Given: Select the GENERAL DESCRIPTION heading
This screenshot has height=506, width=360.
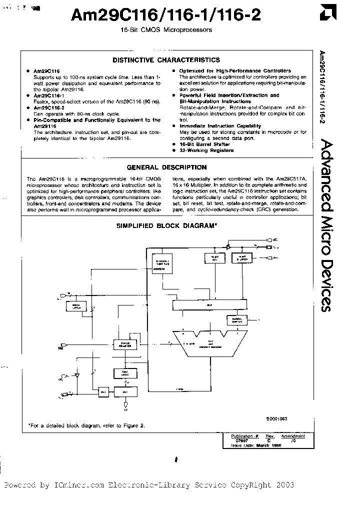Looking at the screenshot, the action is point(166,167).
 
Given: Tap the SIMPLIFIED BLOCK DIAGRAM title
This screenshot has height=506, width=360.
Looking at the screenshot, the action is point(166,225).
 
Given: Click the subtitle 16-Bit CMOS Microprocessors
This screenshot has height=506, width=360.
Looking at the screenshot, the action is point(166,30).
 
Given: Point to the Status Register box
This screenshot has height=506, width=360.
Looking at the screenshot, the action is point(125,344).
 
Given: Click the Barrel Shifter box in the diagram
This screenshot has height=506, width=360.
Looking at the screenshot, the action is point(222,318).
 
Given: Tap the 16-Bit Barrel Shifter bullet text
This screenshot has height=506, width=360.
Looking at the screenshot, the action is point(204,144).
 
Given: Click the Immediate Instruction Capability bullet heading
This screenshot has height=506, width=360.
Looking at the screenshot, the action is point(220,126).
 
